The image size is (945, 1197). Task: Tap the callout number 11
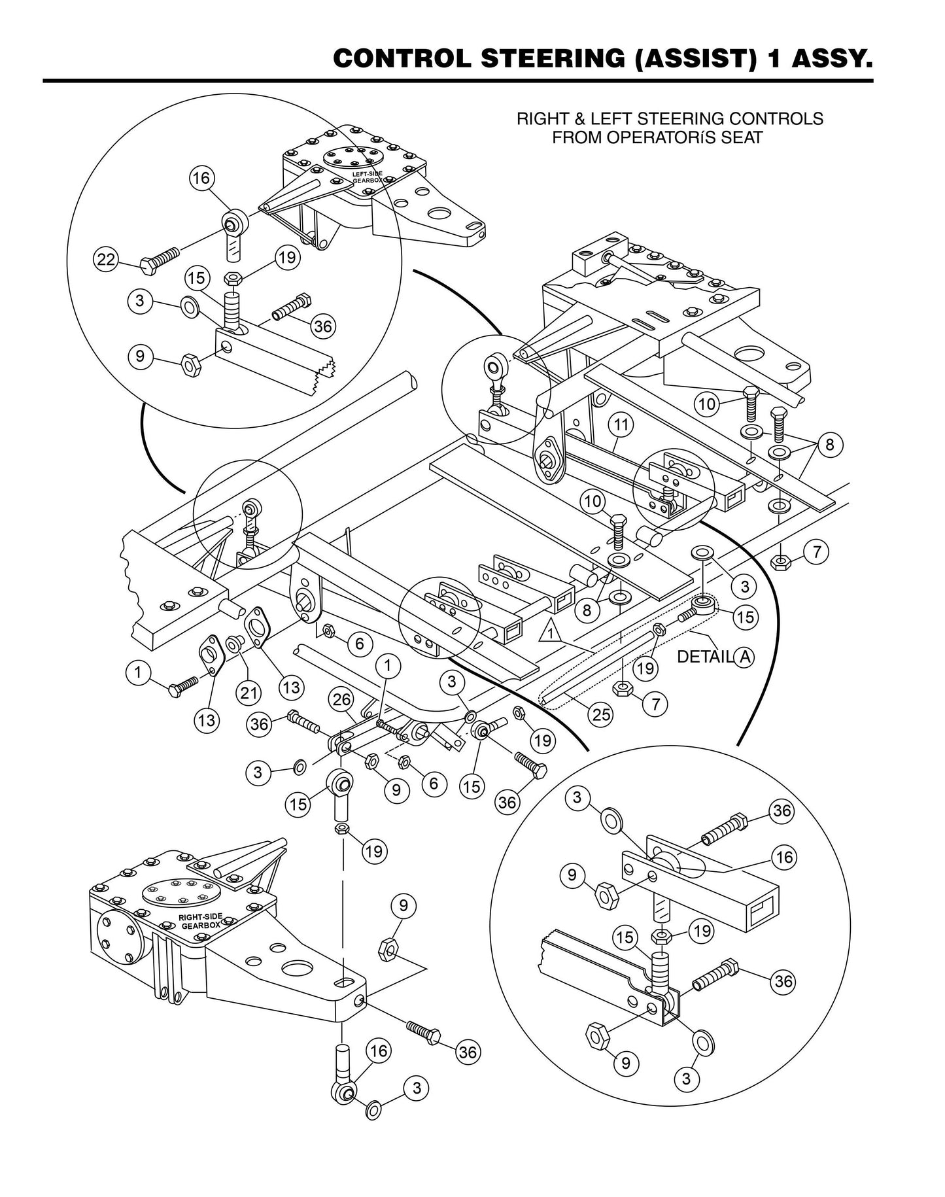click(621, 425)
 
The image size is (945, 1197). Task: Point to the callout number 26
click(340, 699)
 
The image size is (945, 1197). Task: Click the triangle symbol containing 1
click(551, 633)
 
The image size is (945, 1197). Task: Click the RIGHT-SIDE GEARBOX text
click(199, 922)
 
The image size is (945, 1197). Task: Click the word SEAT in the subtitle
click(742, 138)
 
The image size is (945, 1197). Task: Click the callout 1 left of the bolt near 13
click(138, 672)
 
